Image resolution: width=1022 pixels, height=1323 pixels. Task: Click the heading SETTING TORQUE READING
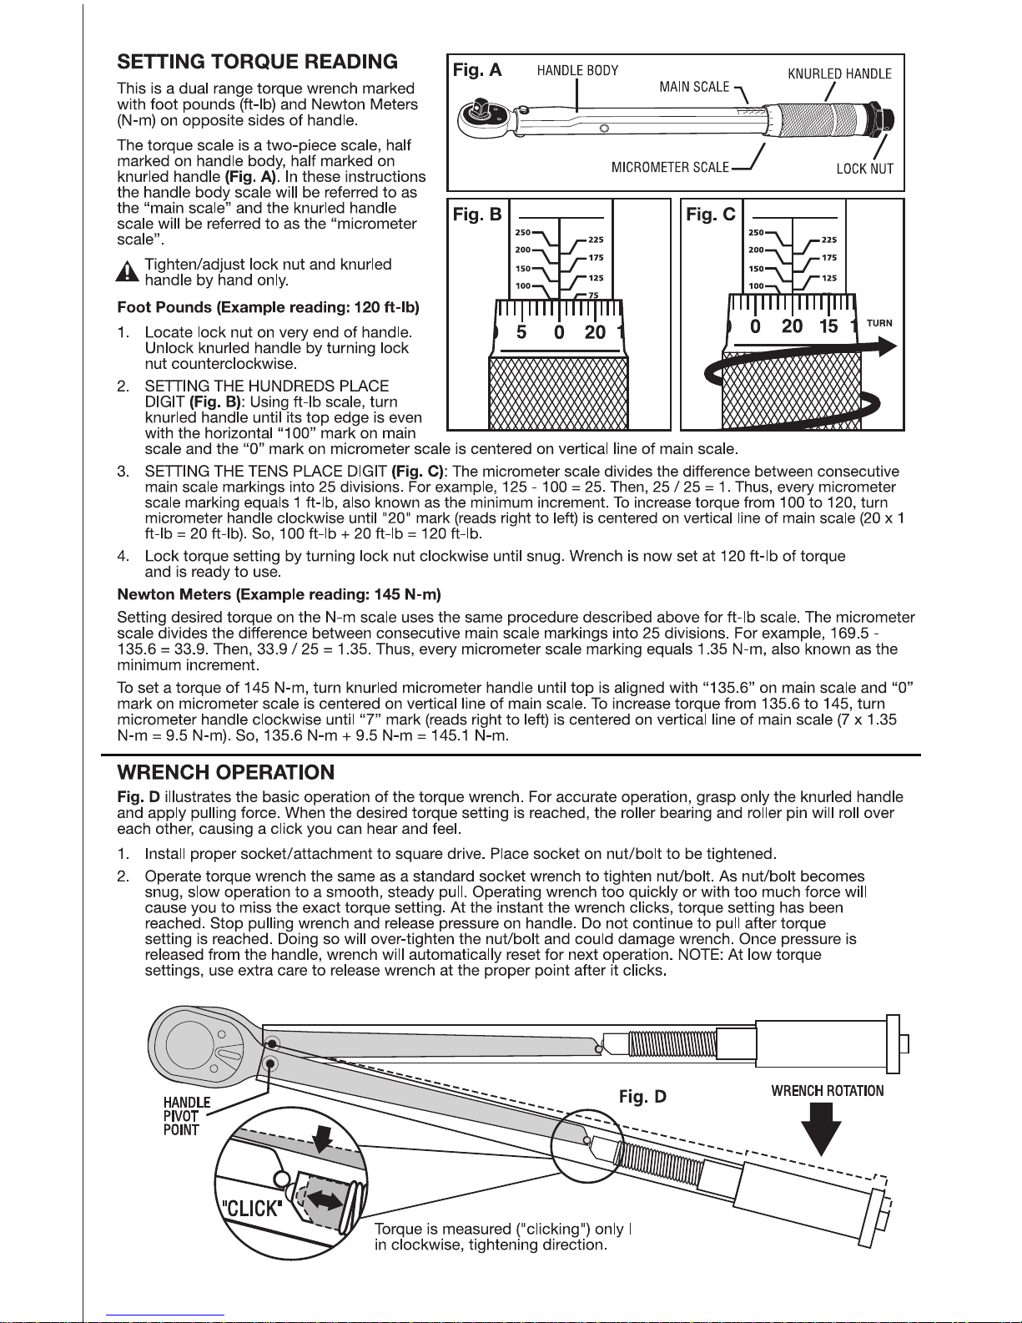(x=257, y=62)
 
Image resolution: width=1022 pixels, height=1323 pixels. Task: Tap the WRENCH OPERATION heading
(x=225, y=772)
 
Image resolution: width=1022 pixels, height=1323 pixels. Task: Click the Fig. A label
(x=477, y=70)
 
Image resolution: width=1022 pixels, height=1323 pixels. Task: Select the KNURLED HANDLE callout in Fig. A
(x=839, y=73)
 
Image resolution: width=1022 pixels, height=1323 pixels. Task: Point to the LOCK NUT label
(x=864, y=169)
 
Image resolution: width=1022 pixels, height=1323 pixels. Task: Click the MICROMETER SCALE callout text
(x=670, y=168)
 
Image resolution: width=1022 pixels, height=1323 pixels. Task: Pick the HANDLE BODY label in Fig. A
(x=577, y=71)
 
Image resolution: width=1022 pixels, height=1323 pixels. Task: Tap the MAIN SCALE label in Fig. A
(x=694, y=87)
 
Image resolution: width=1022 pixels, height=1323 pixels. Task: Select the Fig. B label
(x=477, y=215)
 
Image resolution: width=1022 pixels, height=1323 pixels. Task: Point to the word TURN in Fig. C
(x=879, y=323)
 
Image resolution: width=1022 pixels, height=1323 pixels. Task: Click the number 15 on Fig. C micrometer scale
(x=828, y=326)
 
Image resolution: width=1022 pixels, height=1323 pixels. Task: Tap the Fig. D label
(x=642, y=1096)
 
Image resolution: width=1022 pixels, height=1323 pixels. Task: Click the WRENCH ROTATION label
(x=827, y=1090)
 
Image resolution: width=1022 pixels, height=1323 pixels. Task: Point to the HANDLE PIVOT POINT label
(x=181, y=1116)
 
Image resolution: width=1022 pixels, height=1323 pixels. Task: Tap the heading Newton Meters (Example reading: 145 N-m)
(x=279, y=594)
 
